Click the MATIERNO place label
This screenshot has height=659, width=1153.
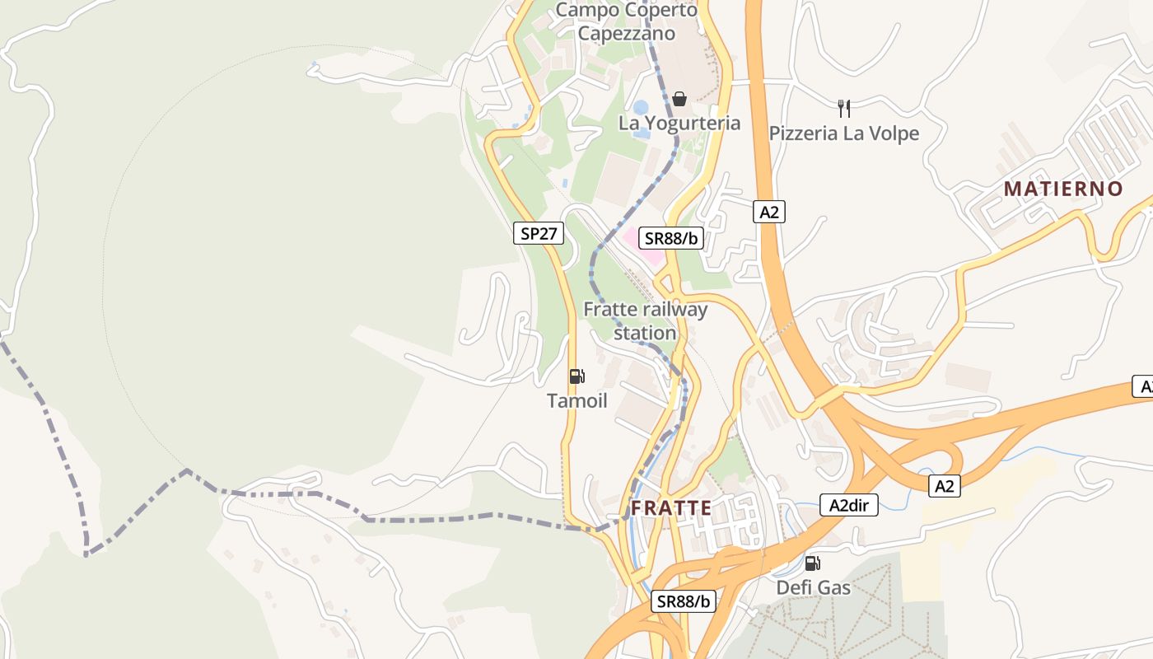(x=1062, y=189)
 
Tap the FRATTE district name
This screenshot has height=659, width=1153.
(x=671, y=508)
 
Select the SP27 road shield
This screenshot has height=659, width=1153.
(x=539, y=233)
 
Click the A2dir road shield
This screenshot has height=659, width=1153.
(x=849, y=505)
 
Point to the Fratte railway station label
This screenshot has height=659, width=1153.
(x=645, y=321)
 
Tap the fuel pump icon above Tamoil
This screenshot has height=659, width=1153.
(x=576, y=376)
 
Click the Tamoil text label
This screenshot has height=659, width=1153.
(x=576, y=401)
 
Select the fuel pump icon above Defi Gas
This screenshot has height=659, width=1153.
(x=812, y=563)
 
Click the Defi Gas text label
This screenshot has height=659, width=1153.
(x=813, y=588)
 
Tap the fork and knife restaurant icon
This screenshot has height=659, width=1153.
(x=843, y=108)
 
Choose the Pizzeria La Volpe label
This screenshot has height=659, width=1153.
(x=843, y=133)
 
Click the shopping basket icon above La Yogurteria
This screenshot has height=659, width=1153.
(x=679, y=99)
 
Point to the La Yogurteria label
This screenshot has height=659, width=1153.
(x=679, y=124)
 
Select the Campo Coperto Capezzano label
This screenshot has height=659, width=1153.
(x=626, y=21)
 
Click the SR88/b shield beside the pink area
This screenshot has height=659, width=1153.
(x=671, y=238)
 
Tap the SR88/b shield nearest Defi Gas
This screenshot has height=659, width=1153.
(x=684, y=601)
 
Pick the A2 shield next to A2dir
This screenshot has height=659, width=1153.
(x=944, y=486)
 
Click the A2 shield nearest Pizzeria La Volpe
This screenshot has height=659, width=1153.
(x=768, y=213)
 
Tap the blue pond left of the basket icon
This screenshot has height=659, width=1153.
(x=641, y=108)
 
